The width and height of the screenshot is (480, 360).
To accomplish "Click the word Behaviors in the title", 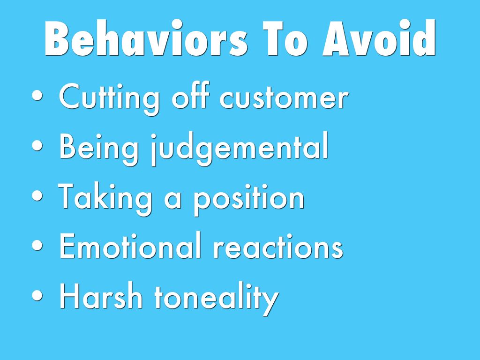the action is pyautogui.click(x=146, y=38).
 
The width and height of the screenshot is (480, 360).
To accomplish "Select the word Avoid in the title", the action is pyautogui.click(x=379, y=38).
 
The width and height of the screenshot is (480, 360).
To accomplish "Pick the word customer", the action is pyautogui.click(x=284, y=97).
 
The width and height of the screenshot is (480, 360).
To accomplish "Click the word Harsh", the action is pyautogui.click(x=101, y=295).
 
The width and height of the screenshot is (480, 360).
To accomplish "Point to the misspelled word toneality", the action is pyautogui.click(x=217, y=298).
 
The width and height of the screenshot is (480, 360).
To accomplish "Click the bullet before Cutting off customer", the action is pyautogui.click(x=37, y=95).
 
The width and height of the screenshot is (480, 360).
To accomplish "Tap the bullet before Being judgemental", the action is pyautogui.click(x=37, y=146).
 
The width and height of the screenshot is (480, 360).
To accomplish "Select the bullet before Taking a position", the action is pyautogui.click(x=37, y=195).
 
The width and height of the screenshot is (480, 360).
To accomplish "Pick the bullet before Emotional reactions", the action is pyautogui.click(x=37, y=246).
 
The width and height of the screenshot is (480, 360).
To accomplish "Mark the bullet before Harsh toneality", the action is pyautogui.click(x=37, y=295).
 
